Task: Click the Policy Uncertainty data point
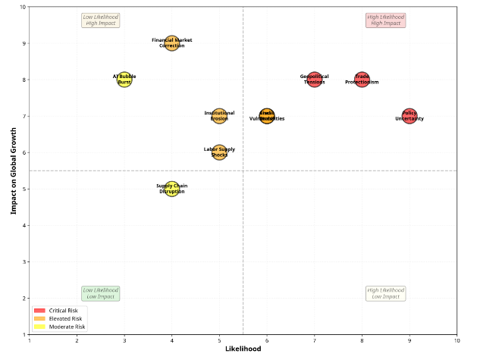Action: [410, 116]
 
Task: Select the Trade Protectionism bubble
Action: [362, 80]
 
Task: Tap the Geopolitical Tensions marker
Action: [315, 80]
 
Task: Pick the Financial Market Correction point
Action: [172, 43]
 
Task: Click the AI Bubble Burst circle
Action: [124, 80]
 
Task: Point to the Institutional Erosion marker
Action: [219, 116]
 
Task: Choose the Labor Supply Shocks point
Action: [219, 152]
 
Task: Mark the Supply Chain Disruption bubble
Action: [172, 189]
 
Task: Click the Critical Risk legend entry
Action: [60, 311]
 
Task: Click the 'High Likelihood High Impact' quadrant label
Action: [385, 20]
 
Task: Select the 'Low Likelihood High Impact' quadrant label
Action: [101, 20]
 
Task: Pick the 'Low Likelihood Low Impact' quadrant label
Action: [101, 293]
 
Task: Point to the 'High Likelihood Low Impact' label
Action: [385, 293]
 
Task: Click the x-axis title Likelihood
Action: [243, 349]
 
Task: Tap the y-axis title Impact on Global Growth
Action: [14, 171]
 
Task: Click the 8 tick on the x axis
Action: [362, 340]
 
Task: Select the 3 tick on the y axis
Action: [24, 261]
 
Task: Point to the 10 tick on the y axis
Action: [22, 7]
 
